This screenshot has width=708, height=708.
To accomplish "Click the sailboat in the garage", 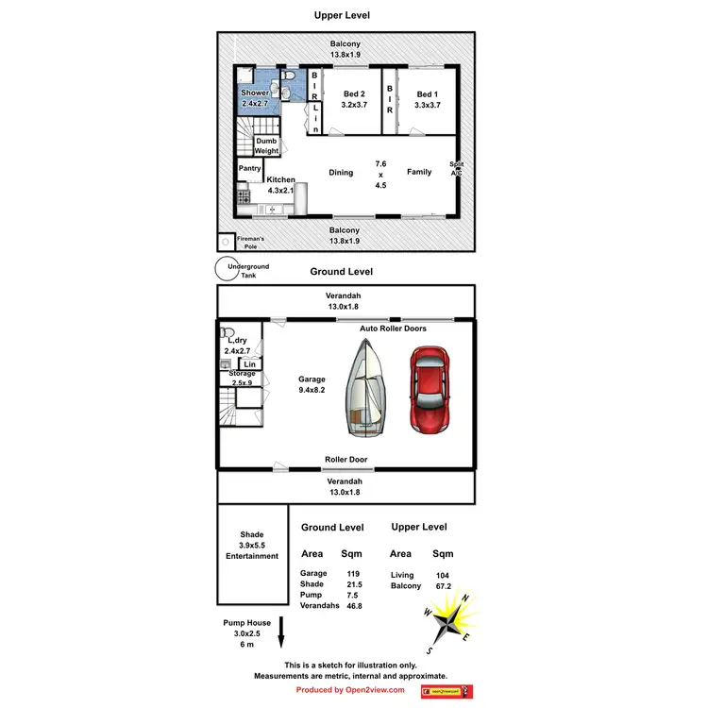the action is (x=366, y=389).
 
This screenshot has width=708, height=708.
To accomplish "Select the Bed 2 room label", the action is (x=354, y=94).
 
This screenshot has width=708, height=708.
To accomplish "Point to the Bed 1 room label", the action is (x=427, y=94).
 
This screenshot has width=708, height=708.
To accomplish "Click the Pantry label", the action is (x=250, y=169).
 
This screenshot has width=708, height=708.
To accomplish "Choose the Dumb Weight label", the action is (x=266, y=146).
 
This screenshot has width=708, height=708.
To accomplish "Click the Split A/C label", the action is (x=457, y=169).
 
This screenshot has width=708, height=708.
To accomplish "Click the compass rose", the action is (x=451, y=622).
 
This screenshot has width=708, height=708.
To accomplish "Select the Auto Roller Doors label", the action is (x=393, y=329).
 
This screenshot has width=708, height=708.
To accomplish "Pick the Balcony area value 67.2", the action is (x=443, y=586).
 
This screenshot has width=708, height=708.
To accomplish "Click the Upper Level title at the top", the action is (x=342, y=15).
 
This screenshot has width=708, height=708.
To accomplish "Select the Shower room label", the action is (x=255, y=93).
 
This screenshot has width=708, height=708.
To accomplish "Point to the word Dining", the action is (x=341, y=173).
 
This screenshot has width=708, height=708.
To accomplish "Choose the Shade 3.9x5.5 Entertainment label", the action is (x=252, y=545).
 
